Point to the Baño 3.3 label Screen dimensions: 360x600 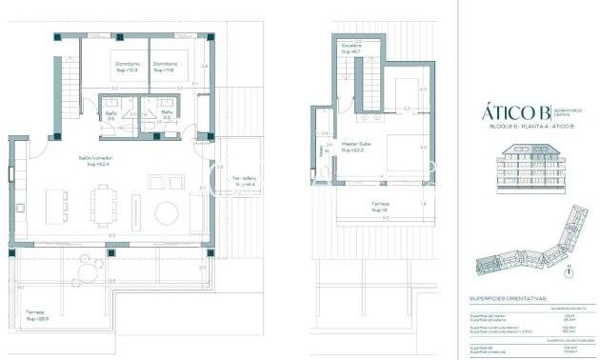click(166, 115)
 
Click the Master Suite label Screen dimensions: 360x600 click(355, 147)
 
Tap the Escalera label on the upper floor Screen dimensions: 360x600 click(350, 47)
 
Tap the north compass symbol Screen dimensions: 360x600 click(568, 271)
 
